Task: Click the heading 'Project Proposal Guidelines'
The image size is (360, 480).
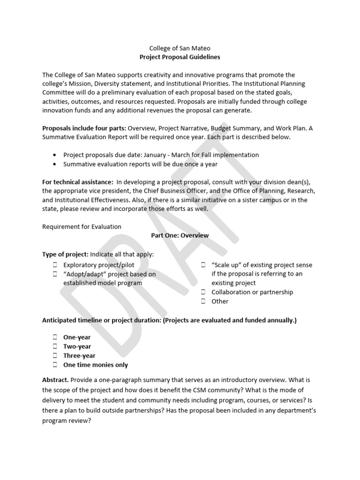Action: click(180, 57)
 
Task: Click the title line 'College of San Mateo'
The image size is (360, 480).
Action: click(180, 48)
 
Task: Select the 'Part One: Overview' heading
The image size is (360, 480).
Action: click(180, 235)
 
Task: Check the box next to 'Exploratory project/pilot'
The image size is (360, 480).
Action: click(55, 265)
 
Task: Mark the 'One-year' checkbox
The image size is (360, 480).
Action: click(55, 337)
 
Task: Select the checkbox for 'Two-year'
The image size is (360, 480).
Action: click(55, 346)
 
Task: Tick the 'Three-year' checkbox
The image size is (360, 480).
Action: click(55, 355)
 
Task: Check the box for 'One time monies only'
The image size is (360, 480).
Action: click(55, 365)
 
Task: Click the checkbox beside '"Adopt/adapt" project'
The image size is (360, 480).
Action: click(55, 274)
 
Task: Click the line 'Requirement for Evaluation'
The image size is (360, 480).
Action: click(82, 226)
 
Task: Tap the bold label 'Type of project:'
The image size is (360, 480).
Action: click(65, 254)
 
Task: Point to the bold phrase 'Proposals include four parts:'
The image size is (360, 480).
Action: click(84, 128)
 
